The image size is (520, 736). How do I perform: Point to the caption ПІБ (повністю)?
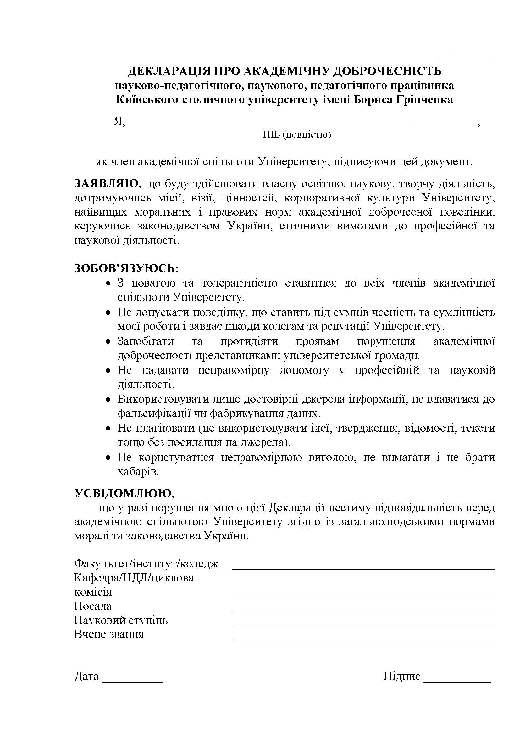pyautogui.click(x=297, y=135)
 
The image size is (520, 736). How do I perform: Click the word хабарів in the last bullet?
pyautogui.click(x=138, y=472)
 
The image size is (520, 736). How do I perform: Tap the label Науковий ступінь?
pyautogui.click(x=121, y=620)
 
